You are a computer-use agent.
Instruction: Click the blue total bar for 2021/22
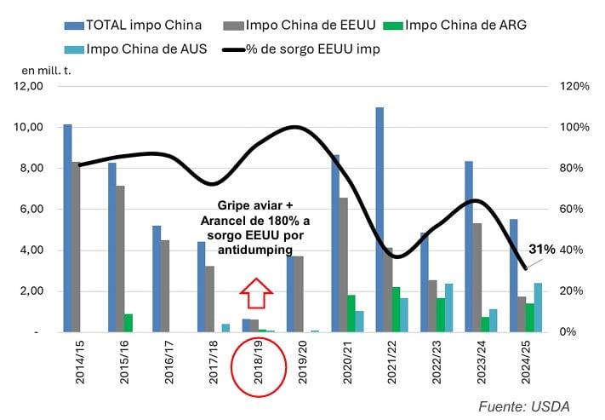pos(380,220)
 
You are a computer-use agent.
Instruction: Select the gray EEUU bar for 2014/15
pos(77,247)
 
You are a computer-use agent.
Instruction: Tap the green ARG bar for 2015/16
pos(128,323)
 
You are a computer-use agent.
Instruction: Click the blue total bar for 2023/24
pos(469,246)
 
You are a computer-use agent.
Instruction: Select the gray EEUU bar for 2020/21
pos(343,265)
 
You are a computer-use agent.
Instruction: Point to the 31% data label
pos(541,250)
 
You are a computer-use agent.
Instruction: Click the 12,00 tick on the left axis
pos(29,86)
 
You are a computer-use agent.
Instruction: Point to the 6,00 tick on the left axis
pos(31,209)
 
